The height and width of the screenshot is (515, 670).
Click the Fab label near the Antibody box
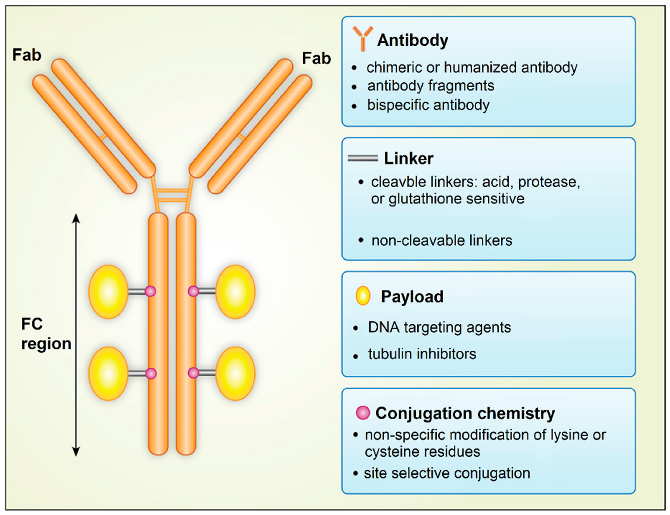[x=316, y=58]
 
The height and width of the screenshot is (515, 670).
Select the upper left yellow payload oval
[x=108, y=291]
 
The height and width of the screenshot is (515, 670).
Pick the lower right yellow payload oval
[x=235, y=373]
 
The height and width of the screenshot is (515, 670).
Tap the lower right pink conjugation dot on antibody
[x=193, y=373]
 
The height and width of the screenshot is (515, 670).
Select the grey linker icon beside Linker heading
[x=363, y=158]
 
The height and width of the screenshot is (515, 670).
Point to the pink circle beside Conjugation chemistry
[x=363, y=413]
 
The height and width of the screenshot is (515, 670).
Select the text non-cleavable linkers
[x=442, y=241]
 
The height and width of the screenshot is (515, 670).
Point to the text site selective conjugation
[x=447, y=473]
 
